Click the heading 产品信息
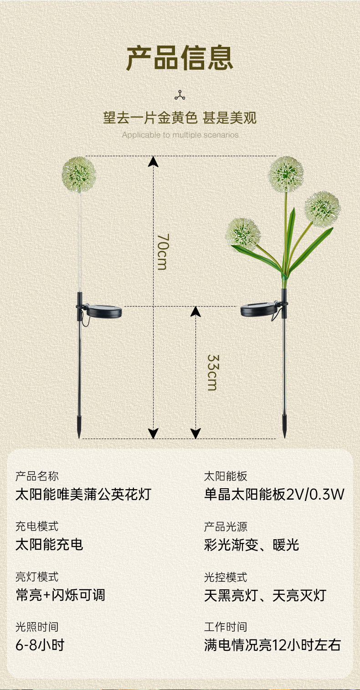pyautogui.click(x=180, y=57)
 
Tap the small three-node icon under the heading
pyautogui.click(x=180, y=95)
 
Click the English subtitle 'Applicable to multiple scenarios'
pyautogui.click(x=180, y=135)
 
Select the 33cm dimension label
pyautogui.click(x=213, y=373)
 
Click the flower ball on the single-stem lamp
pyautogui.click(x=78, y=174)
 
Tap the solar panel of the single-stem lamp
pyautogui.click(x=104, y=311)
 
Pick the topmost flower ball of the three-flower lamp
pyautogui.click(x=286, y=174)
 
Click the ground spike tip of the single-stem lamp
pyautogui.click(x=79, y=437)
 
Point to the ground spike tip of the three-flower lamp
pyautogui.click(x=284, y=437)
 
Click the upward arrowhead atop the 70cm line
pyautogui.click(x=153, y=161)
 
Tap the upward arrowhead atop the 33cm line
pyautogui.click(x=195, y=312)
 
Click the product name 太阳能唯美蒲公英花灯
pyautogui.click(x=83, y=494)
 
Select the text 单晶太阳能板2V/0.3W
pyautogui.click(x=274, y=494)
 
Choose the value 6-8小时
pyautogui.click(x=40, y=645)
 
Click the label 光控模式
pyautogui.click(x=226, y=577)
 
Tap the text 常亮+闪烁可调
pyautogui.click(x=61, y=594)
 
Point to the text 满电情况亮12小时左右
pyautogui.click(x=273, y=645)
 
